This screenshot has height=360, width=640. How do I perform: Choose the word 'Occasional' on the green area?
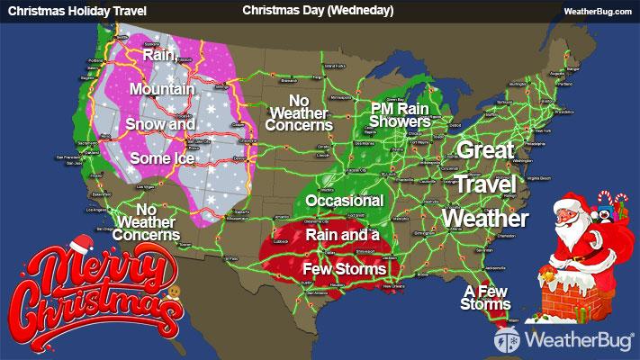345,200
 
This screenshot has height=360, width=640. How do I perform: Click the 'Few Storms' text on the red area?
345,268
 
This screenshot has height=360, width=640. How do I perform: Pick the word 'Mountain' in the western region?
162,89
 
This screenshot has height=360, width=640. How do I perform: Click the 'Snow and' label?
159,123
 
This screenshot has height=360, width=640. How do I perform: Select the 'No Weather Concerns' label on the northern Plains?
300,113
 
